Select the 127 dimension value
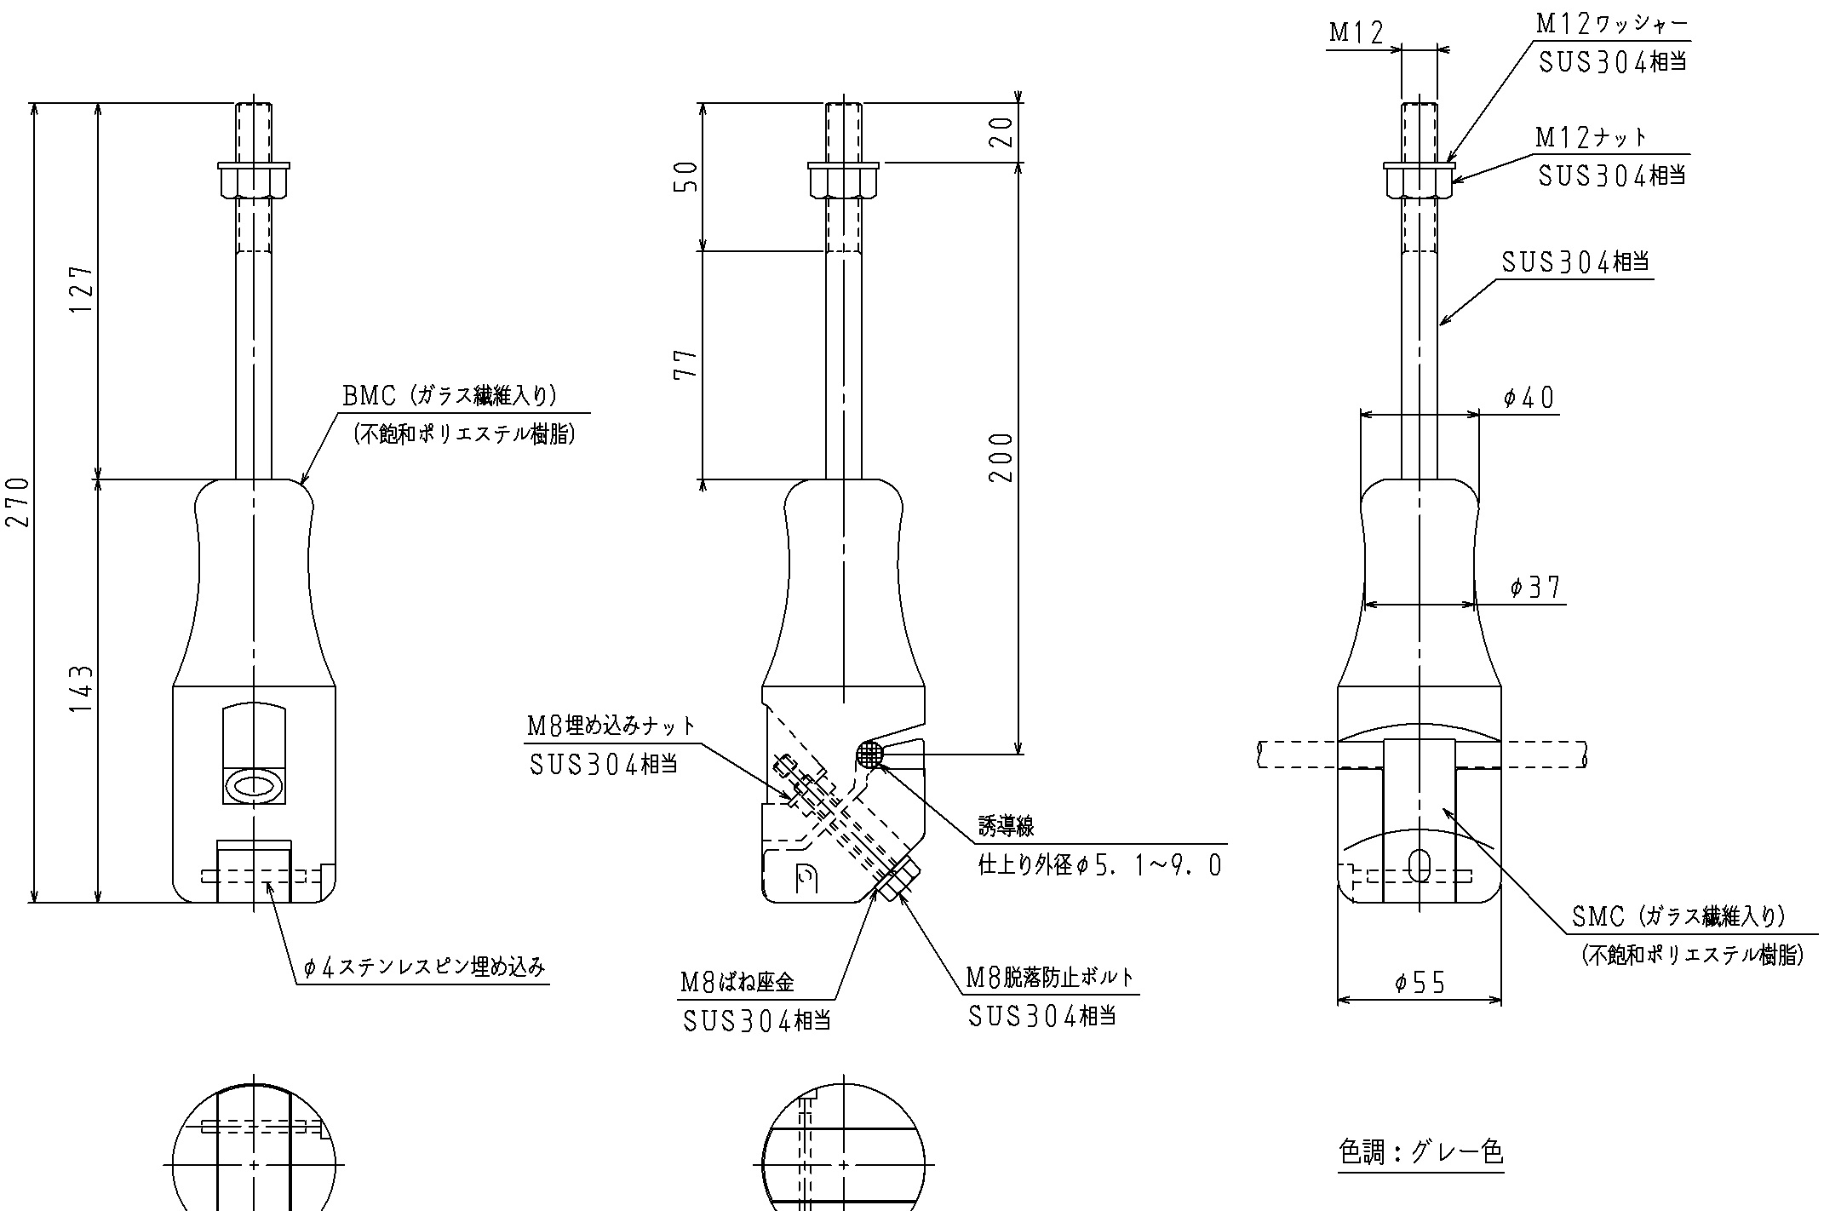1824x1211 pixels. click(x=83, y=290)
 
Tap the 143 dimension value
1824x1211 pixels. click(x=83, y=689)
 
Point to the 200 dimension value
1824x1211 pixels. click(x=1002, y=457)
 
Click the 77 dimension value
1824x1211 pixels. click(x=686, y=364)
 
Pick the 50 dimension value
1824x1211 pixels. click(x=686, y=176)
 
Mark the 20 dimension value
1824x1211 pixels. click(x=1002, y=132)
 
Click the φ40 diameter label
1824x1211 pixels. click(x=1529, y=398)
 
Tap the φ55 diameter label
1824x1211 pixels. click(x=1420, y=984)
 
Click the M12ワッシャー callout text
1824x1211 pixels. click(x=1611, y=25)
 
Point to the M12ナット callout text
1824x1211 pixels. click(x=1591, y=138)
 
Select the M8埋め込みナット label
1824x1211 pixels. click(x=611, y=726)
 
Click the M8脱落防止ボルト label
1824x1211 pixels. click(x=1050, y=978)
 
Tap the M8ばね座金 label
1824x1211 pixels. click(x=737, y=983)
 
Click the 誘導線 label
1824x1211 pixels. click(x=1006, y=825)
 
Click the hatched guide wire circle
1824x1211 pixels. click(x=869, y=753)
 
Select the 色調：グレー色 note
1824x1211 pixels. click(x=1420, y=1152)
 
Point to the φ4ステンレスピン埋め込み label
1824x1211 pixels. click(x=424, y=967)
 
